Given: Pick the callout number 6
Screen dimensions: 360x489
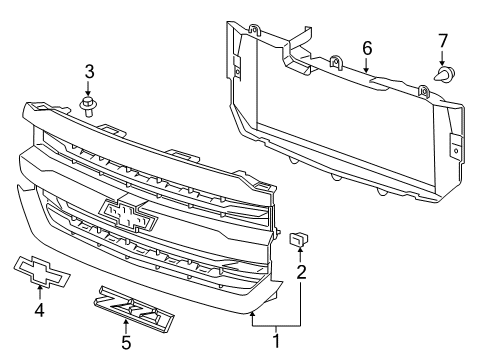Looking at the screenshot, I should [x=367, y=47].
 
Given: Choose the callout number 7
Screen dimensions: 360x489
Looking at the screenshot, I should [x=443, y=41].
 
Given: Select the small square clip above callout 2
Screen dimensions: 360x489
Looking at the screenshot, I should [x=298, y=238].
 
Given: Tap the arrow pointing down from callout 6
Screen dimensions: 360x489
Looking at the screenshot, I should [x=367, y=65].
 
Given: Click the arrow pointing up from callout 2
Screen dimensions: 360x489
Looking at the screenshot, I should [x=299, y=254].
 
